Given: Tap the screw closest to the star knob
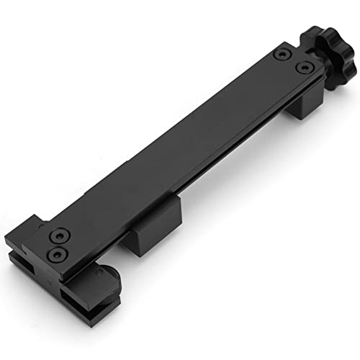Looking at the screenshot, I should (x=305, y=68).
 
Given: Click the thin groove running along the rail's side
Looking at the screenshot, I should (x=216, y=173).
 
